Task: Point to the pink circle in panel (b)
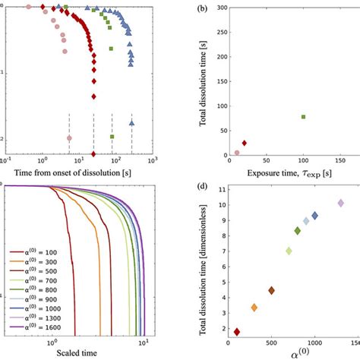click(x=236, y=152)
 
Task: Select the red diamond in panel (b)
click(x=244, y=143)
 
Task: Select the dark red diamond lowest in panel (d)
click(x=236, y=332)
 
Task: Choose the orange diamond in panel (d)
click(x=254, y=308)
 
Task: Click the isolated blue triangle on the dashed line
click(x=131, y=122)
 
